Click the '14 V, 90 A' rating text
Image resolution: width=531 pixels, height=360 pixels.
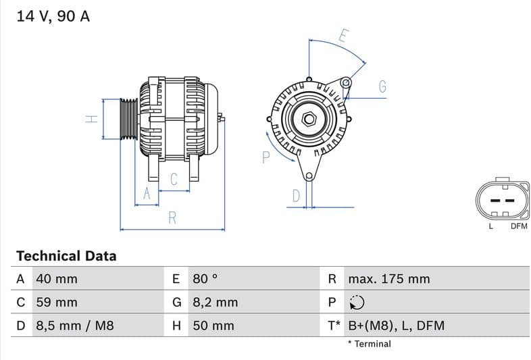[53, 16]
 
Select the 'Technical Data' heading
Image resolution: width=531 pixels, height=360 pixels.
[66, 256]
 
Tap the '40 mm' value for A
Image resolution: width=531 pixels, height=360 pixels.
[57, 279]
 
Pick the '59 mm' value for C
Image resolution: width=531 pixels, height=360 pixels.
[57, 302]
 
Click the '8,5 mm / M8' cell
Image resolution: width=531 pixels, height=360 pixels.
[74, 326]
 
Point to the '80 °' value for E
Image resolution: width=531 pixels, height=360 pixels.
[205, 279]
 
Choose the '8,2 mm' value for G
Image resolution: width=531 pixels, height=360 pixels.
[215, 302]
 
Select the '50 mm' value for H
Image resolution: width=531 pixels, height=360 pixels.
[213, 326]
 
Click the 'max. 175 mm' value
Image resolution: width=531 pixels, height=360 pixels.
[388, 279]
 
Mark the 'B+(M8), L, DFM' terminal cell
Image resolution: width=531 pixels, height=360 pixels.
[396, 326]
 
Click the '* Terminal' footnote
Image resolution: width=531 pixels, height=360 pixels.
[369, 344]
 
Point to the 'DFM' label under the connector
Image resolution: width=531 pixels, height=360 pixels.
[518, 226]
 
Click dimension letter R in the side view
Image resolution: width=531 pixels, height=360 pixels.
[172, 217]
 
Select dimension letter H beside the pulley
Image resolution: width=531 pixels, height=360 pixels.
[92, 119]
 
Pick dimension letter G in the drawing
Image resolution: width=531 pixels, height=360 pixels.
[382, 86]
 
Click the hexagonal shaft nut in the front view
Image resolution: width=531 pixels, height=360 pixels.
[309, 119]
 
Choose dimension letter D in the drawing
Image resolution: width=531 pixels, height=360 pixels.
[296, 196]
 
